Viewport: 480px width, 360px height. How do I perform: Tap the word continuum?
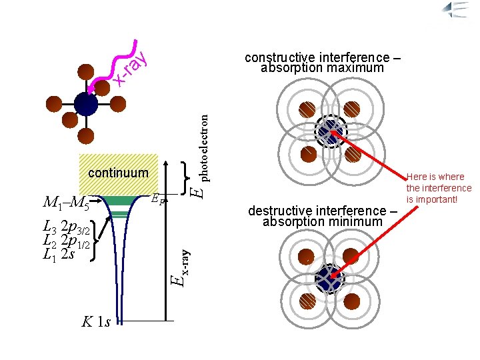pos(117,174)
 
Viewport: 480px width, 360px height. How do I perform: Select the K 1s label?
pos(96,321)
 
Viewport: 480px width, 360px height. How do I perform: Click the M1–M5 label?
pos(66,201)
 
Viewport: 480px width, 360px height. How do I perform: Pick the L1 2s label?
pos(58,253)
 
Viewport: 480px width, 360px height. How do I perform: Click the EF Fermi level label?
pos(158,197)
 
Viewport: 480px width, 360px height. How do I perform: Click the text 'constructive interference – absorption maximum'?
pos(323,63)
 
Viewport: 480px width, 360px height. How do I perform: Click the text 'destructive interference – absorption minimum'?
pos(323,216)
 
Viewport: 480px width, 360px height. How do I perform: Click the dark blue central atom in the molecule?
pos(86,104)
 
